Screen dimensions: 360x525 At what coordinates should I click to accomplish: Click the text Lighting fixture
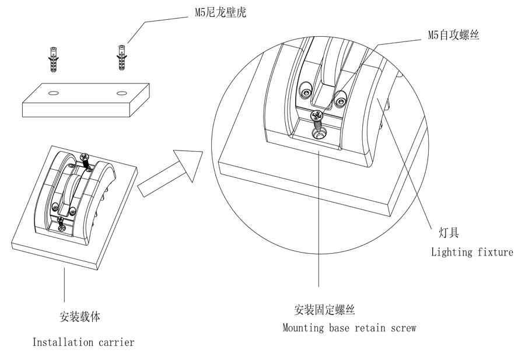472,252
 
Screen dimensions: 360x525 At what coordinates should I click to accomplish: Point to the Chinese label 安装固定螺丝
325,309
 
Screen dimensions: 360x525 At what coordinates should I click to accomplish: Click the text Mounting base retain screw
349,328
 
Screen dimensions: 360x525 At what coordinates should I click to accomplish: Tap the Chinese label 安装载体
80,317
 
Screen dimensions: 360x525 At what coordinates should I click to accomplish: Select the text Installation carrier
83,342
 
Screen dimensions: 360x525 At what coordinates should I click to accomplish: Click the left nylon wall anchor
54,58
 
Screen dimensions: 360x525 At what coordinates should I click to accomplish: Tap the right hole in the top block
121,93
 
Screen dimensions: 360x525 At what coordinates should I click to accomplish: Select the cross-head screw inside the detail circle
317,117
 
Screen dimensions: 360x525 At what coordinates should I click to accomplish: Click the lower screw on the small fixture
61,221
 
